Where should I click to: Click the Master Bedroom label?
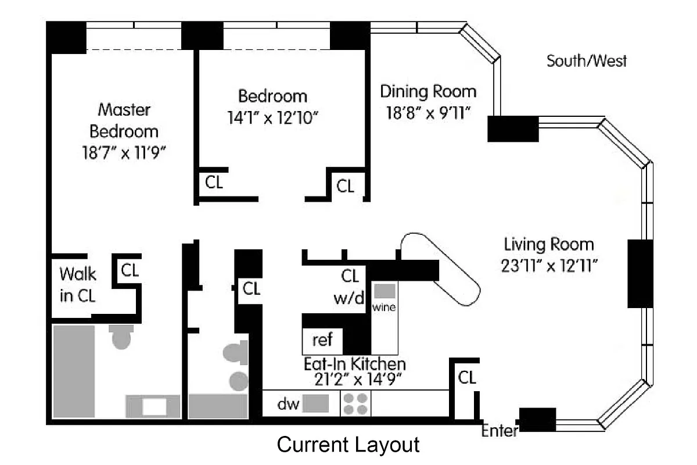[x=124, y=120]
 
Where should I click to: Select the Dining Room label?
[x=428, y=91]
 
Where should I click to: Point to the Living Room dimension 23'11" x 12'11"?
[x=549, y=266]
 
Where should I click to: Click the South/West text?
[x=587, y=61]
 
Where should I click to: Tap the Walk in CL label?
[x=78, y=284]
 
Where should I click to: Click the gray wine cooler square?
[x=384, y=291]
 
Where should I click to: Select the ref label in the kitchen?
[x=322, y=339]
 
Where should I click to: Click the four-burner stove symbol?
[x=355, y=403]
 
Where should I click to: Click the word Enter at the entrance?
[x=499, y=431]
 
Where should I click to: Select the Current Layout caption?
[x=348, y=445]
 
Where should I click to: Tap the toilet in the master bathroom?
[x=121, y=337]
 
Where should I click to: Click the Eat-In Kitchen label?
[x=354, y=364]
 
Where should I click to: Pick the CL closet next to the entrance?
[x=467, y=378]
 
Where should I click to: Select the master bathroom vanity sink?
[x=154, y=406]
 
